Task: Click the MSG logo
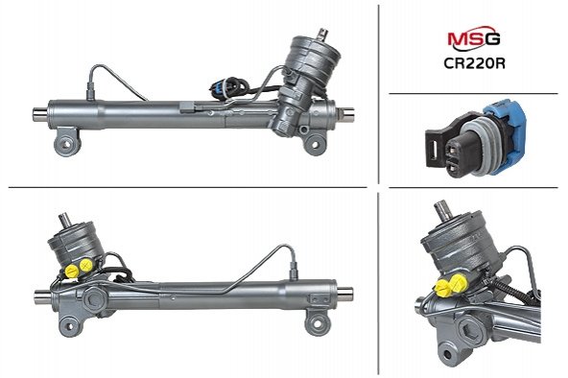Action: (x=474, y=38)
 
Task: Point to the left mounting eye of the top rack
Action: (x=67, y=143)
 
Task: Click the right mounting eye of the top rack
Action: (x=314, y=144)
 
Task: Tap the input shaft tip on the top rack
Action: (x=321, y=35)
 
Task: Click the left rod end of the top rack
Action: (x=40, y=114)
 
